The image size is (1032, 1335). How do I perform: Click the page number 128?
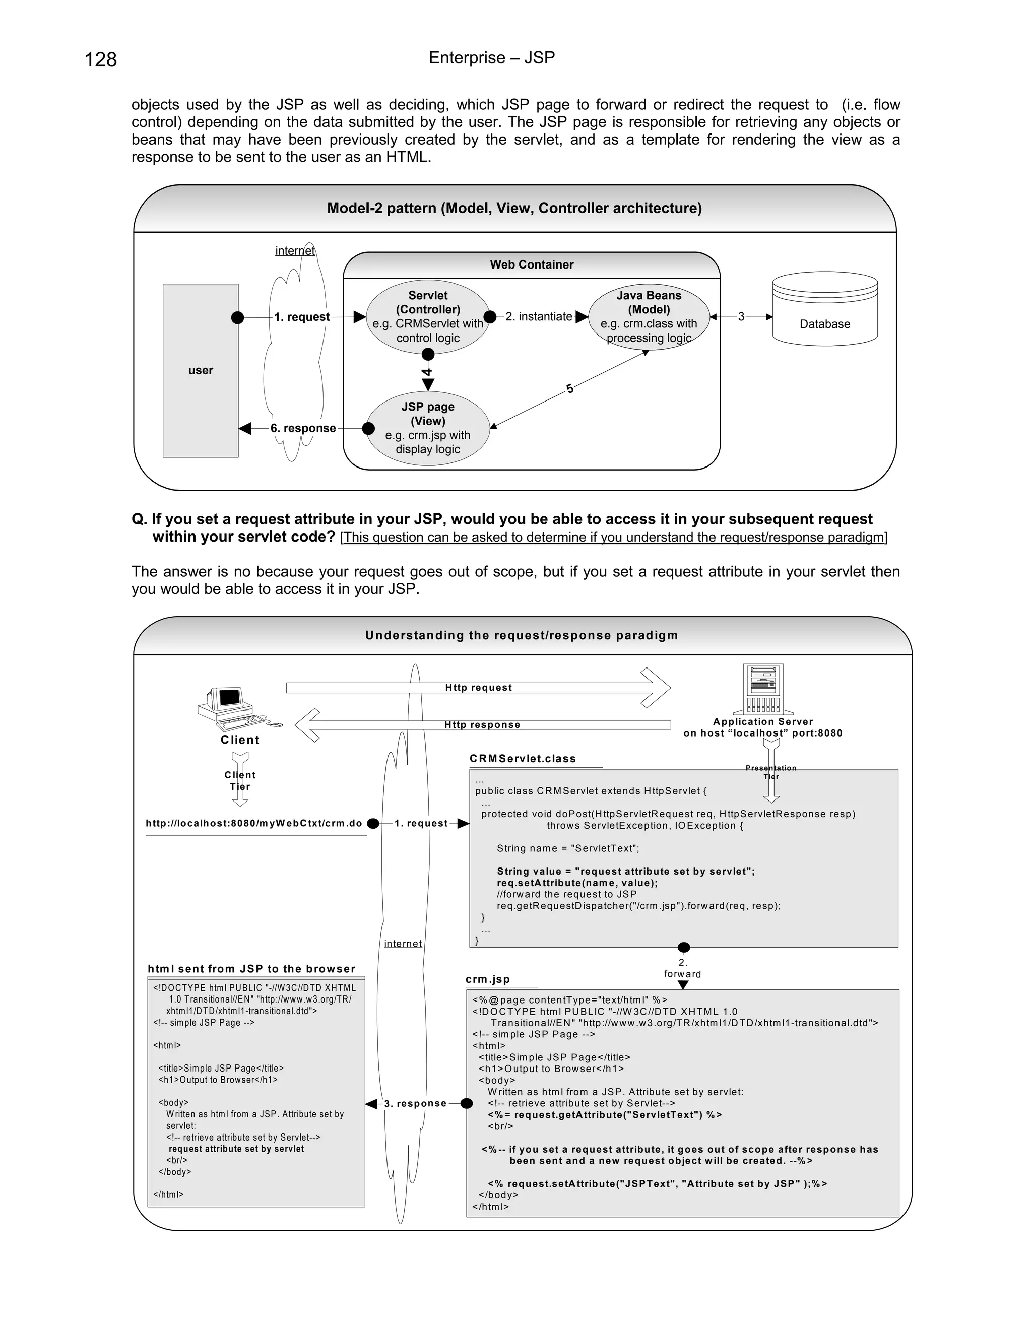101,60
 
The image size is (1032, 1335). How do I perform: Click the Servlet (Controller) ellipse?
428,317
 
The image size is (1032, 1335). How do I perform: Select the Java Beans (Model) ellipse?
649,317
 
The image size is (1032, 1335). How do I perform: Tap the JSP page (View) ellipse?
428,428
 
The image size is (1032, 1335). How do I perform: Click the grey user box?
201,370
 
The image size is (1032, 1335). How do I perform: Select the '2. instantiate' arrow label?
539,317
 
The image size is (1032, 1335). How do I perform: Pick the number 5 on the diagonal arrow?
570,389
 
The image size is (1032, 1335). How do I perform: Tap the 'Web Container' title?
531,264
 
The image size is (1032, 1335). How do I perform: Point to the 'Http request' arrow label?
478,688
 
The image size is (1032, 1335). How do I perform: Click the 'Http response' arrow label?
482,725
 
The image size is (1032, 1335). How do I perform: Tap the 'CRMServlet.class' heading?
523,759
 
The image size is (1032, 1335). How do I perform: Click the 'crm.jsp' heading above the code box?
487,979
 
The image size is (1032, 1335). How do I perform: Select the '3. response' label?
415,1103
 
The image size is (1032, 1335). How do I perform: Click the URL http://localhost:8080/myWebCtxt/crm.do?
254,823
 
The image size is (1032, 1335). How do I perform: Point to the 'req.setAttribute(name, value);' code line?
577,883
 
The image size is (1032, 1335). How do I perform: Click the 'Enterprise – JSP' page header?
491,58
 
